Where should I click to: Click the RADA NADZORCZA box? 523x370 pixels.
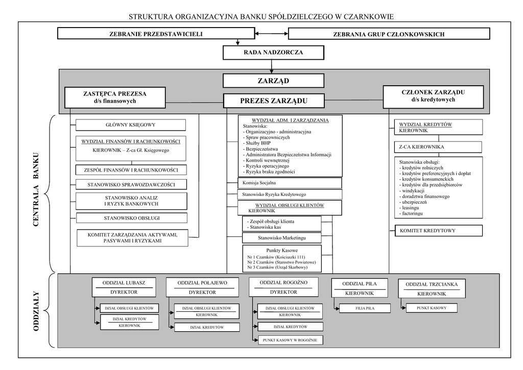tap(273, 53)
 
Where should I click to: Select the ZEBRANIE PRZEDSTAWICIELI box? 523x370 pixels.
tap(156, 34)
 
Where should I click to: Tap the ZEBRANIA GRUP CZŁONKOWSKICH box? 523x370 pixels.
tap(389, 34)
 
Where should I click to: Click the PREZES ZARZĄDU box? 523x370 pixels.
tap(274, 101)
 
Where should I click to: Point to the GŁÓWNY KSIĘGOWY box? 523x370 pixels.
tap(130, 125)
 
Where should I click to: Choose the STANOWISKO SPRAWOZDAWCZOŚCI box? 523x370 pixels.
tap(131, 184)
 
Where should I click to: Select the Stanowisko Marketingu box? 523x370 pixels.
tap(281, 238)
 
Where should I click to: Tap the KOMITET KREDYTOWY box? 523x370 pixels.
tap(438, 231)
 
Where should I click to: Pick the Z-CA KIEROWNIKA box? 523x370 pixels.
tap(438, 147)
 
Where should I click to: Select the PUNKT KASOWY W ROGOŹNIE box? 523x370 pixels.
tap(290, 340)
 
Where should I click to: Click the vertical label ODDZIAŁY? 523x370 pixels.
tap(36, 311)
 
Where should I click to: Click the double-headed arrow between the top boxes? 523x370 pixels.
tap(271, 34)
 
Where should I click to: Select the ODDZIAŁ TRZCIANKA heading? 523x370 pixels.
tap(432, 284)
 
